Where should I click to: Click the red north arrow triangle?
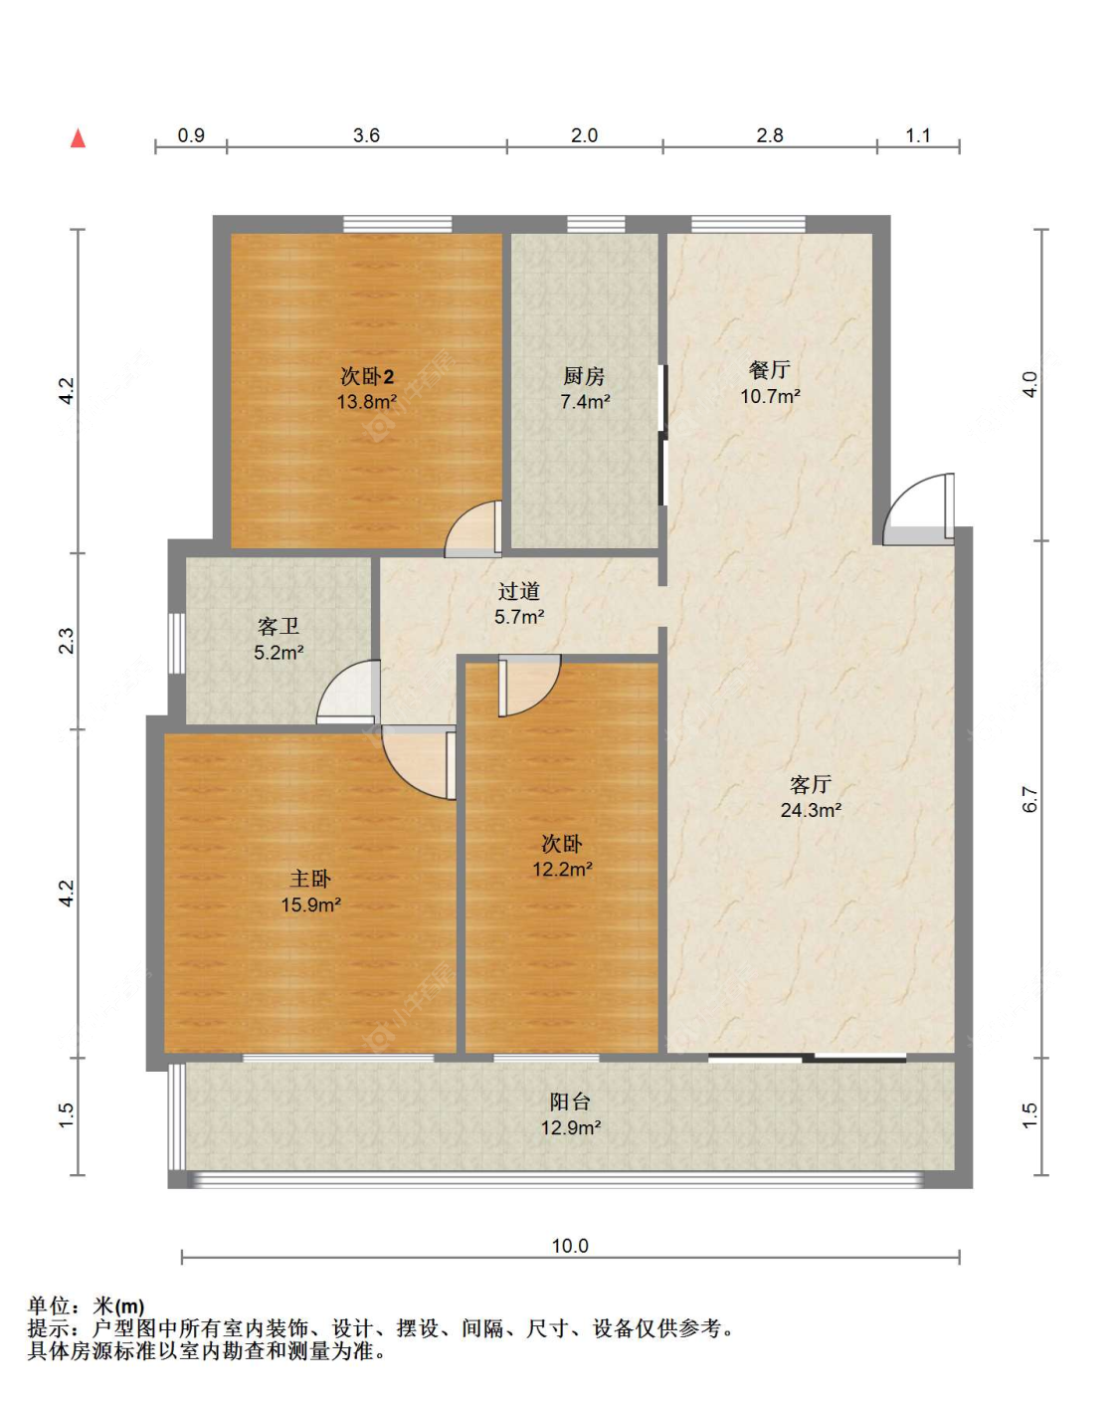[x=79, y=138]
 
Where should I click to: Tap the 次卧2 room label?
[x=367, y=376]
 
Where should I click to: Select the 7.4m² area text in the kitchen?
[x=585, y=401]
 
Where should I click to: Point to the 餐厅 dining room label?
[x=770, y=370]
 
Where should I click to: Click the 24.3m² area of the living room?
[x=811, y=810]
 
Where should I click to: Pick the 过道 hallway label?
[x=519, y=591]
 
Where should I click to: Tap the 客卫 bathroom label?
[x=279, y=626]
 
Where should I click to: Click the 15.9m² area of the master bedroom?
[x=311, y=904]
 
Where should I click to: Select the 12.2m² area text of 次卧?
[x=562, y=869]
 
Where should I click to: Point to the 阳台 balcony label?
[x=570, y=1102]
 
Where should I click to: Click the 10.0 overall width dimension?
[x=570, y=1246]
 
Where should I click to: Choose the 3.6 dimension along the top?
[x=366, y=135]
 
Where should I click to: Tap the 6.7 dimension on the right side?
[x=1029, y=799]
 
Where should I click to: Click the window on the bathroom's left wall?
[x=176, y=643]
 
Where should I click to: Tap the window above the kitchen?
[x=596, y=224]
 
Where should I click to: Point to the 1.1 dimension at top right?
[x=917, y=135]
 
